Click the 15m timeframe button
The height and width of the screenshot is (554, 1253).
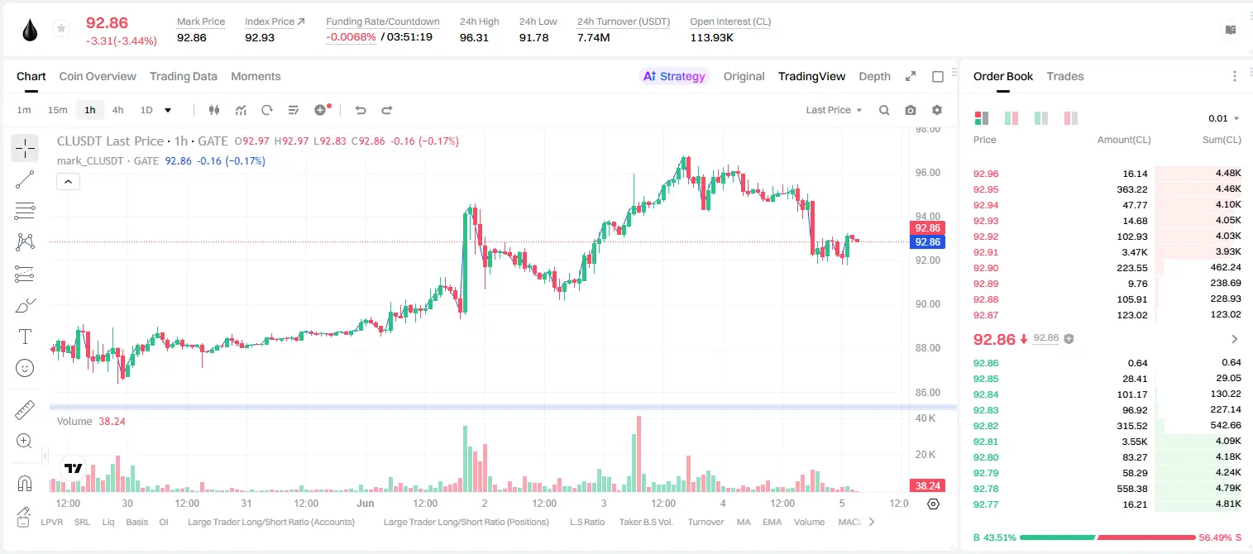[x=57, y=110]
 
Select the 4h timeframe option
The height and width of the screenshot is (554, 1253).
[x=117, y=110]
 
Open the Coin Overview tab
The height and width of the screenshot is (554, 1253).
[x=98, y=76]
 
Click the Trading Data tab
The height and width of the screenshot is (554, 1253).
[x=183, y=76]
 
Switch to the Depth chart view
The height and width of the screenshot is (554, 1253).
[x=874, y=76]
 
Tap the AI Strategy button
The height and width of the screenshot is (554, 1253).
[x=674, y=76]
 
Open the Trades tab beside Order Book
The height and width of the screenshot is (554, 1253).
[x=1064, y=76]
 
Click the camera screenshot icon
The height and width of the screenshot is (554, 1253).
[x=910, y=110]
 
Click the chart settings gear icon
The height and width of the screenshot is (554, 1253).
[x=937, y=110]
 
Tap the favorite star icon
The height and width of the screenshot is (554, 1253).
[x=61, y=28]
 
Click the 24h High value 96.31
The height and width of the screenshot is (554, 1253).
[x=474, y=37]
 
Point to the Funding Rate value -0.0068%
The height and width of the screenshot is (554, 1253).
[x=351, y=37]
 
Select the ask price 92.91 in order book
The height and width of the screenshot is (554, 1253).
[x=986, y=252]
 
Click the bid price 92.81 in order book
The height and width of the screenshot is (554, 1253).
[x=986, y=441]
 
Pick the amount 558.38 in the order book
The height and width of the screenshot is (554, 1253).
[x=1131, y=489]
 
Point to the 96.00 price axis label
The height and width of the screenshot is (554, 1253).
[x=927, y=173]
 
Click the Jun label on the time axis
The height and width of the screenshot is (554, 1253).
[x=366, y=503]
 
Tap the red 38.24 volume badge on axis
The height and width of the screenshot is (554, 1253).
[x=927, y=485]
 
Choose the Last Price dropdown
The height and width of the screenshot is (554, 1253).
[x=834, y=110]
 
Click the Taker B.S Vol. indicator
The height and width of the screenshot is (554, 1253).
[x=645, y=522]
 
